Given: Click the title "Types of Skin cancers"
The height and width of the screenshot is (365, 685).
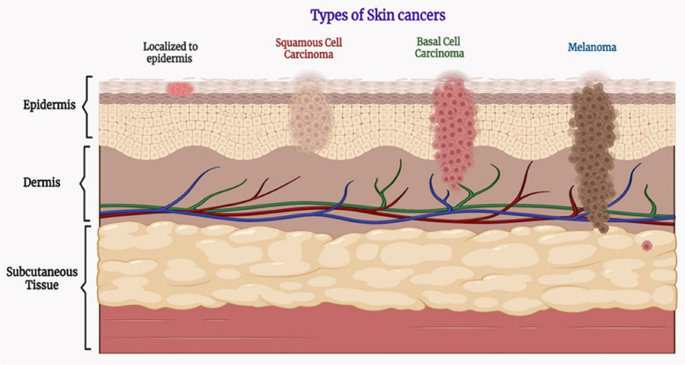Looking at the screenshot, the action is [378, 15].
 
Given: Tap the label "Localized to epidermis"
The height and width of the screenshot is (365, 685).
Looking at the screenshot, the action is [170, 52].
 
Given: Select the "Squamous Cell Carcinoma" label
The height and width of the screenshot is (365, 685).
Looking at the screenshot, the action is [309, 48].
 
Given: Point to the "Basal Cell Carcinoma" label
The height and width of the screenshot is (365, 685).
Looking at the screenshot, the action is [439, 48].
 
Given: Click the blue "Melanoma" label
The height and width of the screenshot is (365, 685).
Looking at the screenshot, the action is [592, 48].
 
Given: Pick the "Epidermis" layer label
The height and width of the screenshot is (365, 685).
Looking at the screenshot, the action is [49, 105].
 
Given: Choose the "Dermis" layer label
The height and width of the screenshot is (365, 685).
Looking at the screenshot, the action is [41, 182].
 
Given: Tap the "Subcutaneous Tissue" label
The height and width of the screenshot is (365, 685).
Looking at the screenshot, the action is [42, 279].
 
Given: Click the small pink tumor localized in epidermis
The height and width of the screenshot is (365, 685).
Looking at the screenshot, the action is [180, 89].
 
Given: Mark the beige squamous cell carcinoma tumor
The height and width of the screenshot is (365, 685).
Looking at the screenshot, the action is [311, 118].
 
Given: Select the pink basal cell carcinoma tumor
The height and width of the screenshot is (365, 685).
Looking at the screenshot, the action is [453, 132].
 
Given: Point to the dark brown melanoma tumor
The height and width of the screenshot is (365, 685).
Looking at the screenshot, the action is [593, 155].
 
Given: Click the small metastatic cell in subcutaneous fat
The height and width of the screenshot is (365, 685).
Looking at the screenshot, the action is [647, 246].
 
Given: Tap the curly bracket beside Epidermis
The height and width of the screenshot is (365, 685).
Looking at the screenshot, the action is [87, 107].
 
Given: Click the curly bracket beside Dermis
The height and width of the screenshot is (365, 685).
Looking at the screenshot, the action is [85, 183].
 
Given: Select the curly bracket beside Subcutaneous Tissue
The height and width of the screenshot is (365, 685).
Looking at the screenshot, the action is [86, 287].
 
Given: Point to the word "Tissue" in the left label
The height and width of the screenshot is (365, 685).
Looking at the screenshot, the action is [42, 285].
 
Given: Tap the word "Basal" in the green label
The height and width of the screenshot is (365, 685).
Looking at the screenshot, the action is [427, 41].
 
